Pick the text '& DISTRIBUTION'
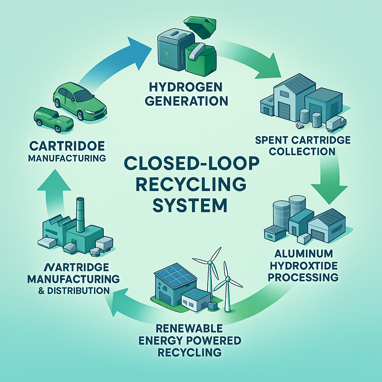tap(74, 290)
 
